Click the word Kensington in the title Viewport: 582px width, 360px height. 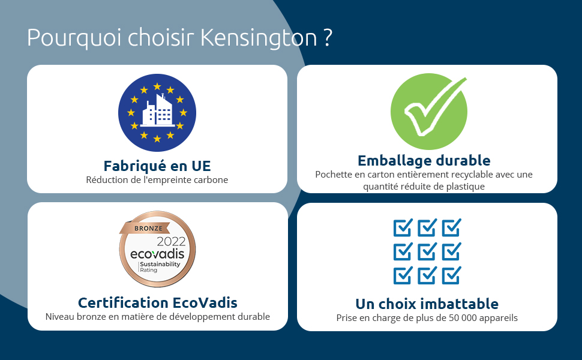(x=259, y=38)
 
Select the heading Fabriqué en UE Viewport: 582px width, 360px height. (x=157, y=166)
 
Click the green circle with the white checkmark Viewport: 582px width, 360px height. (x=429, y=112)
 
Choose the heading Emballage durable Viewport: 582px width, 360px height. (x=424, y=161)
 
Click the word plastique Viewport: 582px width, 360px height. (x=466, y=187)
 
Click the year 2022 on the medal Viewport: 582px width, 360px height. (x=171, y=242)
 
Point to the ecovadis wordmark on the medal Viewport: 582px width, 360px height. (x=157, y=254)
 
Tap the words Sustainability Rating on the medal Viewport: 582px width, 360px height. (x=160, y=267)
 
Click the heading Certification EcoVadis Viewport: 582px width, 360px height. (x=157, y=303)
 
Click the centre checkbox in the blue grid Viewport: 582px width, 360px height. (x=427, y=251)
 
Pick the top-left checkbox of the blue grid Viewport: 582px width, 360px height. (x=403, y=227)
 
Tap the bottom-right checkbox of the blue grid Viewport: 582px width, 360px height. (x=451, y=275)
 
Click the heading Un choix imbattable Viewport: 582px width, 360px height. (x=427, y=304)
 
